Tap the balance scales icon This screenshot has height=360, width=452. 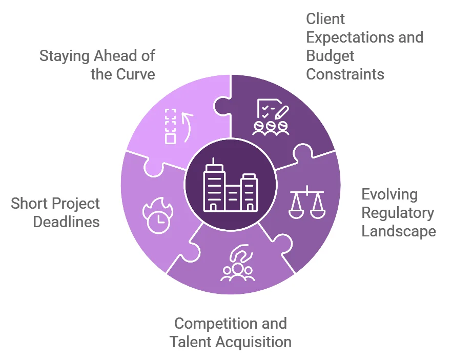point(307,202)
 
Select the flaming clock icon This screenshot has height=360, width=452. point(158,215)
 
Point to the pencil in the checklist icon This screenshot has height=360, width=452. point(282,112)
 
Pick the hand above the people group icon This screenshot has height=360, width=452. point(241,253)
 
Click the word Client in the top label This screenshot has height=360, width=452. point(325,19)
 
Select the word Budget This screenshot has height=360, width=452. point(330,56)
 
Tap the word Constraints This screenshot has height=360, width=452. point(345,74)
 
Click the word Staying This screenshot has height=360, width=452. point(64,56)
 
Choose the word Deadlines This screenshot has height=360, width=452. point(66,222)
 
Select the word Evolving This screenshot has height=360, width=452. point(389,195)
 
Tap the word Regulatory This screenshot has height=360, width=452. point(398,213)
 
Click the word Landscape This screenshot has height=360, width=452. point(399,231)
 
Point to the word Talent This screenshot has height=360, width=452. point(190,342)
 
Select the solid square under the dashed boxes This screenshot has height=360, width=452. point(170,139)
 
